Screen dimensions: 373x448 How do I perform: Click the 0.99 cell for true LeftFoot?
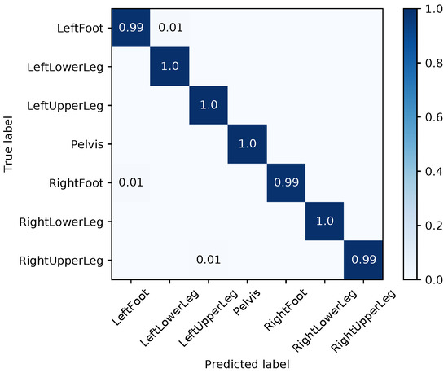131,28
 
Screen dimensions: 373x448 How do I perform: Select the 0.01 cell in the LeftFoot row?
170,28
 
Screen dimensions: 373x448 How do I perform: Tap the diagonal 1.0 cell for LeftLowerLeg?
170,66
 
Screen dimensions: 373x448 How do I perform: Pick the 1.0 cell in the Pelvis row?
248,143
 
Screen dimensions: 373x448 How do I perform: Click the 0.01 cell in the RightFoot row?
131,182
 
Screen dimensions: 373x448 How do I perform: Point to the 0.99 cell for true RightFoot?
287,182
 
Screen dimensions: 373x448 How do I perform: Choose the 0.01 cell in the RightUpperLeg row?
209,260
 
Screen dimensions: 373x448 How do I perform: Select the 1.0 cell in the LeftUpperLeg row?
209,105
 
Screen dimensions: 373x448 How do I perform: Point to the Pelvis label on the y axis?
91,144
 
